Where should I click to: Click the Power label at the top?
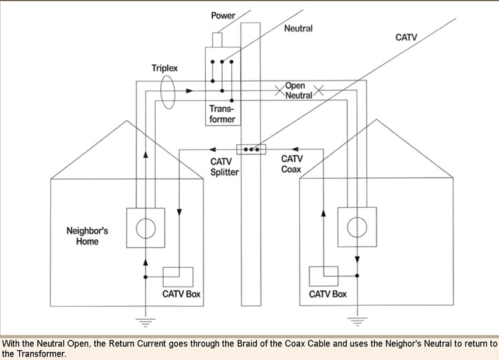point(223,16)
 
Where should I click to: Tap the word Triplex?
point(165,68)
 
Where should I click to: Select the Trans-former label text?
point(222,114)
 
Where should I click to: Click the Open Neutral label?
point(298,90)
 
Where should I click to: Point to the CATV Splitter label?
point(224,167)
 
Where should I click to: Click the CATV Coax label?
point(292,164)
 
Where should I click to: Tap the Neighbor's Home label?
point(87,236)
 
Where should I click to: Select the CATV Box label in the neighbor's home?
point(181,294)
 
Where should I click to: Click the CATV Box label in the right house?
point(328,294)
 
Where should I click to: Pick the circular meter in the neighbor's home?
point(146,228)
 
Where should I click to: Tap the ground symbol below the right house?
point(357,320)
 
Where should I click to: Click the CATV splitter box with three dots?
point(251,149)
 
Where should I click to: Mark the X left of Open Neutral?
point(280,91)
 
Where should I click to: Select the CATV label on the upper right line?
point(406,37)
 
